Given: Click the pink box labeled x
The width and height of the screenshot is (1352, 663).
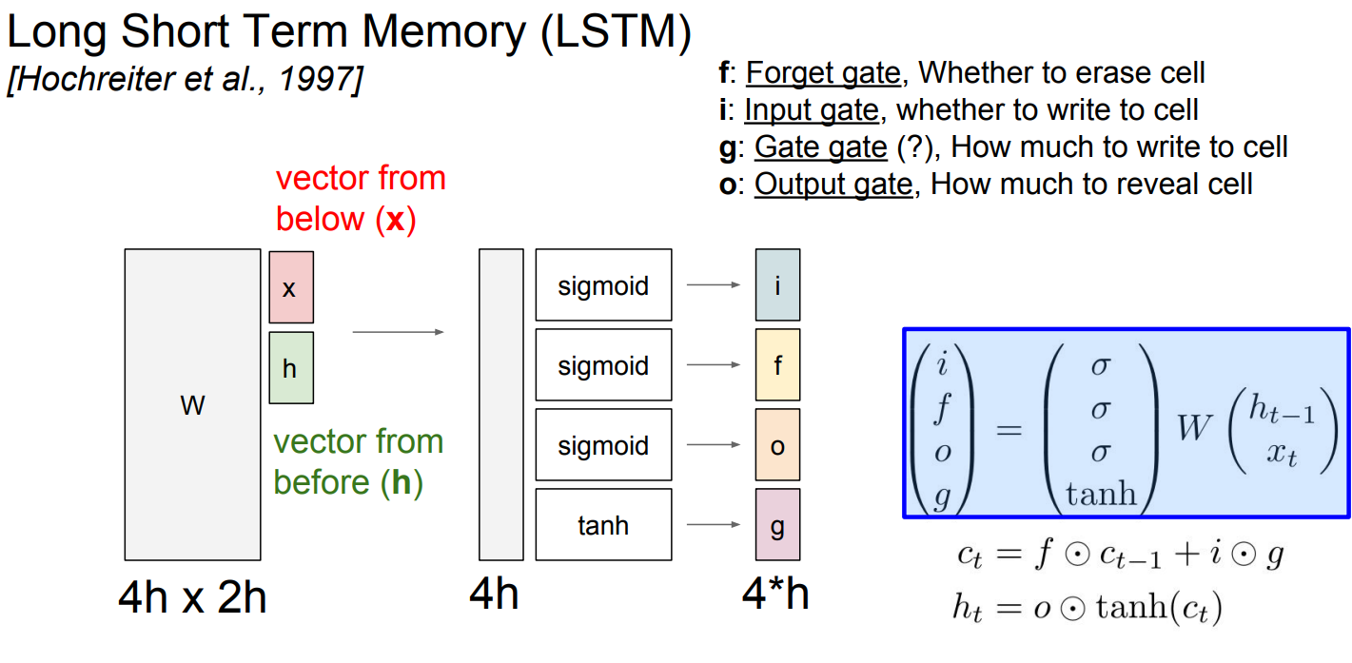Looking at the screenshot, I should [291, 286].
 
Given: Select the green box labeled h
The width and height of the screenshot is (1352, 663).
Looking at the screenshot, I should [291, 367].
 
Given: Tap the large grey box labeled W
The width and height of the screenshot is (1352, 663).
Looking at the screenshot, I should [192, 405].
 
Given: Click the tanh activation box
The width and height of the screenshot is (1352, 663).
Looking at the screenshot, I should [603, 524].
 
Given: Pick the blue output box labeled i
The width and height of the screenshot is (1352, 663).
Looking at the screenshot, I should [777, 284].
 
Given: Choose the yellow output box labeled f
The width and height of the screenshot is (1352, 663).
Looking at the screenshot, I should [777, 364].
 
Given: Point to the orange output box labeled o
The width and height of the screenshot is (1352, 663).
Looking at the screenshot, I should [777, 445].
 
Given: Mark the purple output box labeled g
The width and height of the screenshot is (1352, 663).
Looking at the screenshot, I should [777, 525].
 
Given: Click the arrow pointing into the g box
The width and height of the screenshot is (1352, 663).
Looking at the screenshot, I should [713, 524].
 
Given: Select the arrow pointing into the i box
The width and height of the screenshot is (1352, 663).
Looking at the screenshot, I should [713, 284].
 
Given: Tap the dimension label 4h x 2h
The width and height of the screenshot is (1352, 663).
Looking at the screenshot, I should [192, 596].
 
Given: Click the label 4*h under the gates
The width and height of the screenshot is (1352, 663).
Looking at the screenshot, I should [775, 595].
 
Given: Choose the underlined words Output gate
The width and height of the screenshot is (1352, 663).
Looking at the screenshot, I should [833, 184].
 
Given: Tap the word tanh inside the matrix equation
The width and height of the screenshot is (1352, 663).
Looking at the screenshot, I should [1101, 493].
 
